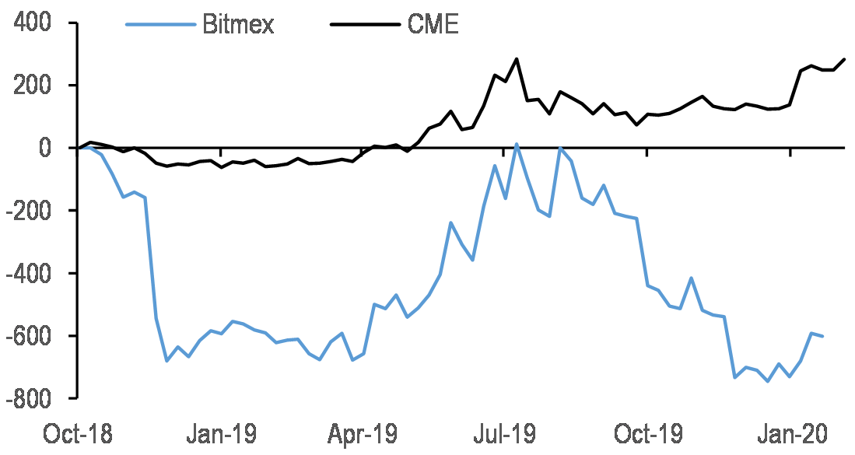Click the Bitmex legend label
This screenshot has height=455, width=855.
click(x=238, y=25)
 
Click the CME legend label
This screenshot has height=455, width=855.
click(x=433, y=25)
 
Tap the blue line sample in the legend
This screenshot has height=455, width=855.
click(x=160, y=24)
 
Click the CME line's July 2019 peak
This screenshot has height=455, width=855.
click(x=517, y=59)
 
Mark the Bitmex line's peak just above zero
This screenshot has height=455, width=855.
click(x=517, y=144)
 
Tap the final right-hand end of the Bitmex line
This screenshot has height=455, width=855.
click(x=823, y=336)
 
